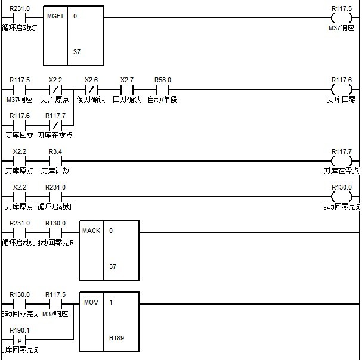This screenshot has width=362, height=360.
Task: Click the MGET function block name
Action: (x=55, y=16)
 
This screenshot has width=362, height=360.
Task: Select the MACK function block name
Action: (x=91, y=231)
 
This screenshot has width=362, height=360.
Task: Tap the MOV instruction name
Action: (x=91, y=302)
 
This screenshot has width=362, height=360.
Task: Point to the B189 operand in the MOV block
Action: (x=116, y=338)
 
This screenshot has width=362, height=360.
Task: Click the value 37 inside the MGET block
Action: (x=77, y=52)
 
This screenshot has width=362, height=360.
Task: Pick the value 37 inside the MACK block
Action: (x=113, y=266)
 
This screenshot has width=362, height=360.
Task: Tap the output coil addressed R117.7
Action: (x=341, y=161)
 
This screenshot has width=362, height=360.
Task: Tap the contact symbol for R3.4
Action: (x=55, y=161)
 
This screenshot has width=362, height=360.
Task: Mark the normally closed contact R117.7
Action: (x=55, y=125)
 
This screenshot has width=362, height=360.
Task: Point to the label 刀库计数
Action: (x=55, y=170)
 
